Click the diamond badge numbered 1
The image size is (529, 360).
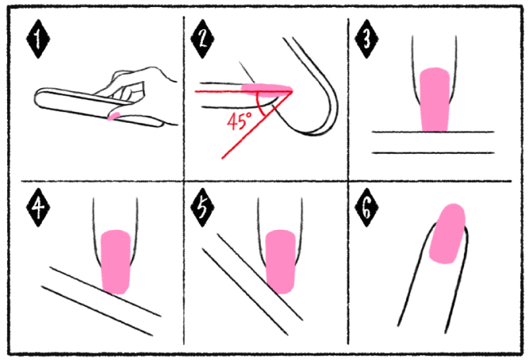38,39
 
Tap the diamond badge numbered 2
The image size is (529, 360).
202,39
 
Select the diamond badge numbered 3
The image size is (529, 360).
366,39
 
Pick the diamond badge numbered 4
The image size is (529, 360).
38,208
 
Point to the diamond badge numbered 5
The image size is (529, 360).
202,208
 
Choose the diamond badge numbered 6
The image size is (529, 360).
366,208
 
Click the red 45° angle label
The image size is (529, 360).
240,121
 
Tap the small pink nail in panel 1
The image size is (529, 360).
113,117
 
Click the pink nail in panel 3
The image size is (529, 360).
435,99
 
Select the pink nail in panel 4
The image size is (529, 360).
116,262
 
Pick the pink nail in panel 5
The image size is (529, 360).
281,262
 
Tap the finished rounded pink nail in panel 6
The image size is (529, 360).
447,233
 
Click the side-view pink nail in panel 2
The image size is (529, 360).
266,90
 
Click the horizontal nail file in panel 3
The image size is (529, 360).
433,143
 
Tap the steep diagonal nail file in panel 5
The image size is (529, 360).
252,284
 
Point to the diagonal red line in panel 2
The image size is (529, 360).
257,124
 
